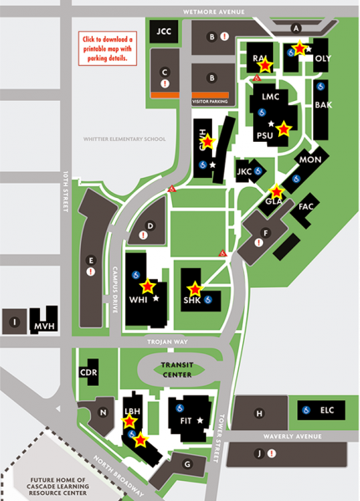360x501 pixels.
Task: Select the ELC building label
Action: click(x=327, y=410)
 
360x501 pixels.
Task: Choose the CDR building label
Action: click(x=89, y=372)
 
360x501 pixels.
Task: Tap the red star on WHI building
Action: click(x=149, y=286)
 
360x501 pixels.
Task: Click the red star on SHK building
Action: click(x=194, y=287)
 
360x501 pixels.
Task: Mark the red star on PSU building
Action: click(x=284, y=129)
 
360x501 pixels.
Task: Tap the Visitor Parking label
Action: click(x=210, y=101)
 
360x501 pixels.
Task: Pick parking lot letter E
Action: click(x=90, y=260)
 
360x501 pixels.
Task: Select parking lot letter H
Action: click(x=259, y=412)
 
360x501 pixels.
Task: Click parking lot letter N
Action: click(x=103, y=412)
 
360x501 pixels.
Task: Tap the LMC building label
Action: click(x=270, y=96)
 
